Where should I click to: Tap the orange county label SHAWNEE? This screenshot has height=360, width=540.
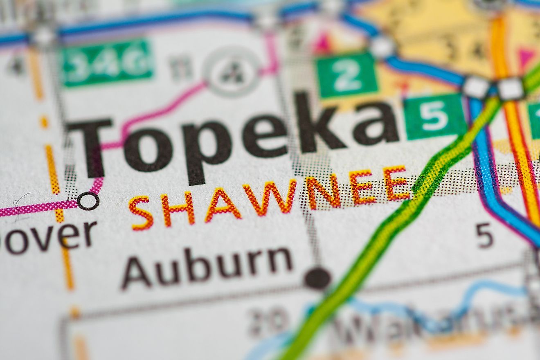[x=270, y=196]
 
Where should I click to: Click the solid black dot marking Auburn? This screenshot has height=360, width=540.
[x=317, y=278]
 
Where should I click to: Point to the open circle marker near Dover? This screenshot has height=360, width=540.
[x=88, y=201]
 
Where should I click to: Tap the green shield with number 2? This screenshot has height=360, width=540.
[x=346, y=74]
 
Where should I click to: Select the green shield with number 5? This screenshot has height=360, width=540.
[x=434, y=116]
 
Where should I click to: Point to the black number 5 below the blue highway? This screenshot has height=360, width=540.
[x=484, y=236]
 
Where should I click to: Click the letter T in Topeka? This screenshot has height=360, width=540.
[x=90, y=147]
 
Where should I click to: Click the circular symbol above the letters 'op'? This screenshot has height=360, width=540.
[x=232, y=72]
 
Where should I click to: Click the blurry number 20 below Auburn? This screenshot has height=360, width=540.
[x=268, y=319]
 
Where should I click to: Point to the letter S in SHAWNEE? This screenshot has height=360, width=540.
[x=141, y=213]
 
